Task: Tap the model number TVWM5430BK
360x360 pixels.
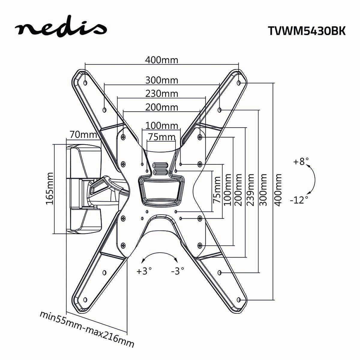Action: coord(306,31)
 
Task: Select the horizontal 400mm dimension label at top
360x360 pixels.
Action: coord(162,60)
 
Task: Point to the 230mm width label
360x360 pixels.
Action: coord(162,94)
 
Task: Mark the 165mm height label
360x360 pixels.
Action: coord(49,188)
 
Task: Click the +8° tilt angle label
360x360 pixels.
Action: coord(301,162)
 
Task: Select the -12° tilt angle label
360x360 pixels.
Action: coord(299,199)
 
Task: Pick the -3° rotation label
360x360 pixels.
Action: coord(177,271)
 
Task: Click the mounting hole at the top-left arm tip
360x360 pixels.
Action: coord(85,82)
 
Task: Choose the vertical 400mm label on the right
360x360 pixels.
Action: coord(279,190)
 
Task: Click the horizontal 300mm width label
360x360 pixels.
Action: coord(162,80)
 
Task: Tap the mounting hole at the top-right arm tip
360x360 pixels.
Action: coord(238,82)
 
